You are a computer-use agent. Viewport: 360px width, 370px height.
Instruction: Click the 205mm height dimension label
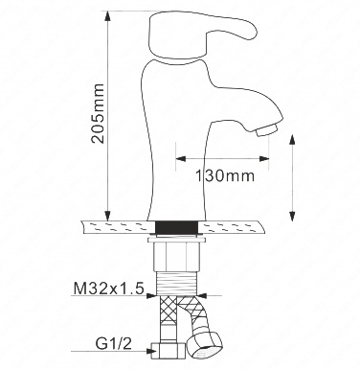(x=98, y=113)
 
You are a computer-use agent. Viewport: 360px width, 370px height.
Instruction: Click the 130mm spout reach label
(x=225, y=175)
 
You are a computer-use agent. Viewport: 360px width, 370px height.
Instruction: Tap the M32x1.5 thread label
(x=108, y=289)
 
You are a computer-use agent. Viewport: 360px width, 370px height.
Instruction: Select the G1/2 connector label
(x=113, y=344)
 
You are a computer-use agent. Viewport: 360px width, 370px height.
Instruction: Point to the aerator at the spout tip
(x=266, y=130)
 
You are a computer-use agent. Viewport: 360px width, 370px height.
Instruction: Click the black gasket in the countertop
(x=176, y=228)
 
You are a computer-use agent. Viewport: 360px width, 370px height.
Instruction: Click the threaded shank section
(x=177, y=284)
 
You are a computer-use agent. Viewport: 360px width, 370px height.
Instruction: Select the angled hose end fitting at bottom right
(x=205, y=345)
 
